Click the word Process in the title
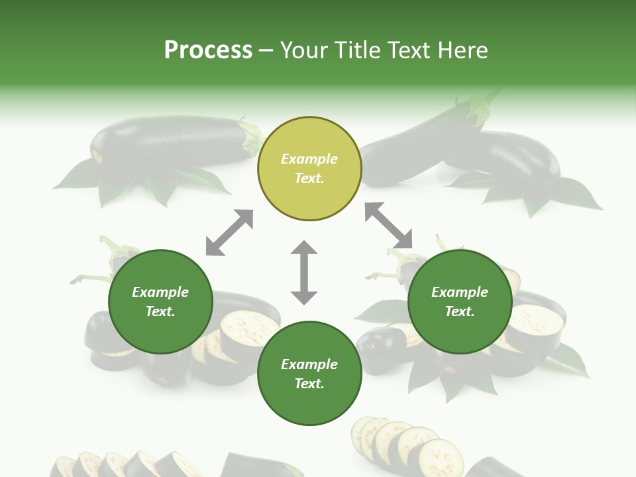[208, 50]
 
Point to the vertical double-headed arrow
[304, 273]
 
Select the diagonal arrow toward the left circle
[229, 233]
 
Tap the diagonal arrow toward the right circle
[388, 226]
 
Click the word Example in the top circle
[309, 159]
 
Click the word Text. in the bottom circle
[309, 384]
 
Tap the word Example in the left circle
[160, 292]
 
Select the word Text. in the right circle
[460, 311]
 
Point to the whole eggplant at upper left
[169, 141]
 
